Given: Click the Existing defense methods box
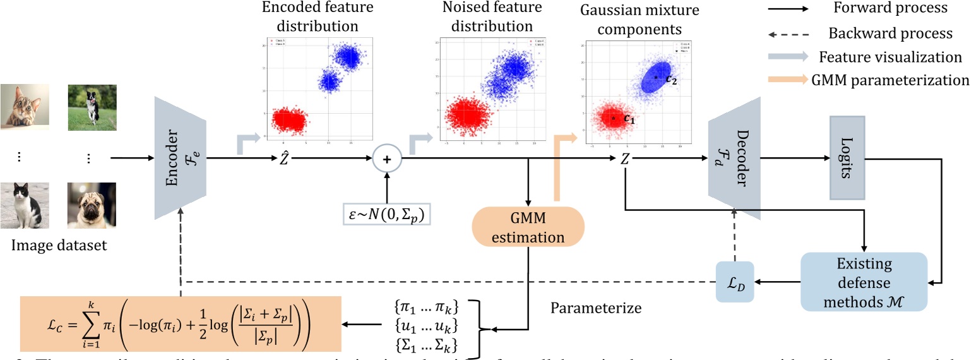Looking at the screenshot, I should tap(863, 281).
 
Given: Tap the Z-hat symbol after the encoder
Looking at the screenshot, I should tap(285, 160).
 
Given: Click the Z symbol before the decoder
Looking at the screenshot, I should tap(625, 160).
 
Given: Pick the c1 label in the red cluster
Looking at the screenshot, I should tap(629, 118).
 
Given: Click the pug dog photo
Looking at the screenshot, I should tap(92, 205).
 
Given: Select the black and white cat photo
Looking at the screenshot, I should tap(24, 205).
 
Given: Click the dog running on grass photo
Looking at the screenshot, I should tap(92, 107).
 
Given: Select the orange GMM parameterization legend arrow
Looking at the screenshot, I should tap(789, 80).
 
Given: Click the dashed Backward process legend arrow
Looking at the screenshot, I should tap(789, 33).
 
